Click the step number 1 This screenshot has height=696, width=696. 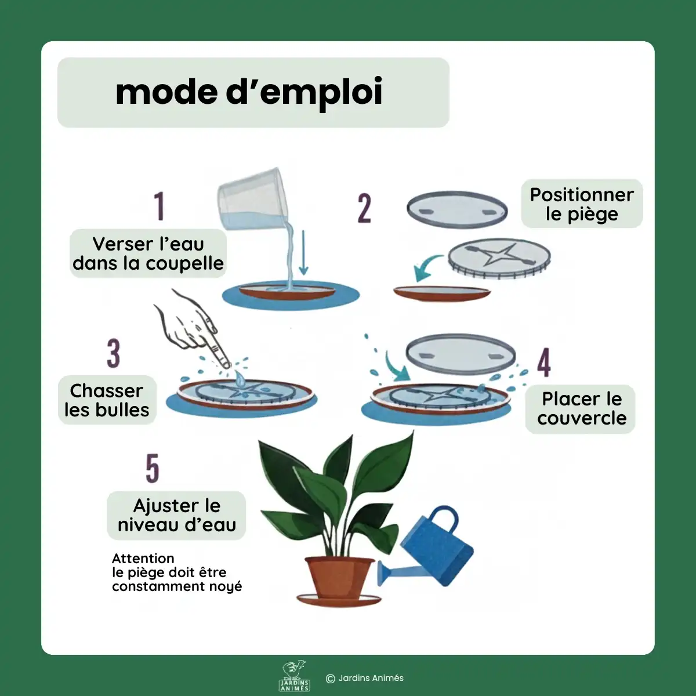point(159,206)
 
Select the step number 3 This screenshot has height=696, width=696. point(114,353)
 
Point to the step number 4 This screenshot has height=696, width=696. point(543,363)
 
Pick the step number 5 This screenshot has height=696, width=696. point(152,468)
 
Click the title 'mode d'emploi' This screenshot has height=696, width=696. point(249,92)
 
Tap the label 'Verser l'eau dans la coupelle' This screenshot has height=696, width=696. point(148,253)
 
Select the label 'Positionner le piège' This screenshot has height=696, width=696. point(582,204)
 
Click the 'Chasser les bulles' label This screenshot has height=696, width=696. point(107,400)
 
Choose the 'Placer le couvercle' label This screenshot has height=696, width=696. point(581,408)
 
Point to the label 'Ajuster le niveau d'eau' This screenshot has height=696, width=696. point(177,515)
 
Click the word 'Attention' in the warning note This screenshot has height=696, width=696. point(143,559)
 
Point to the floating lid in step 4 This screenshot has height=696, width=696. point(461,354)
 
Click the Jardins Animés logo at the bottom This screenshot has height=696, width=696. point(295,676)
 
